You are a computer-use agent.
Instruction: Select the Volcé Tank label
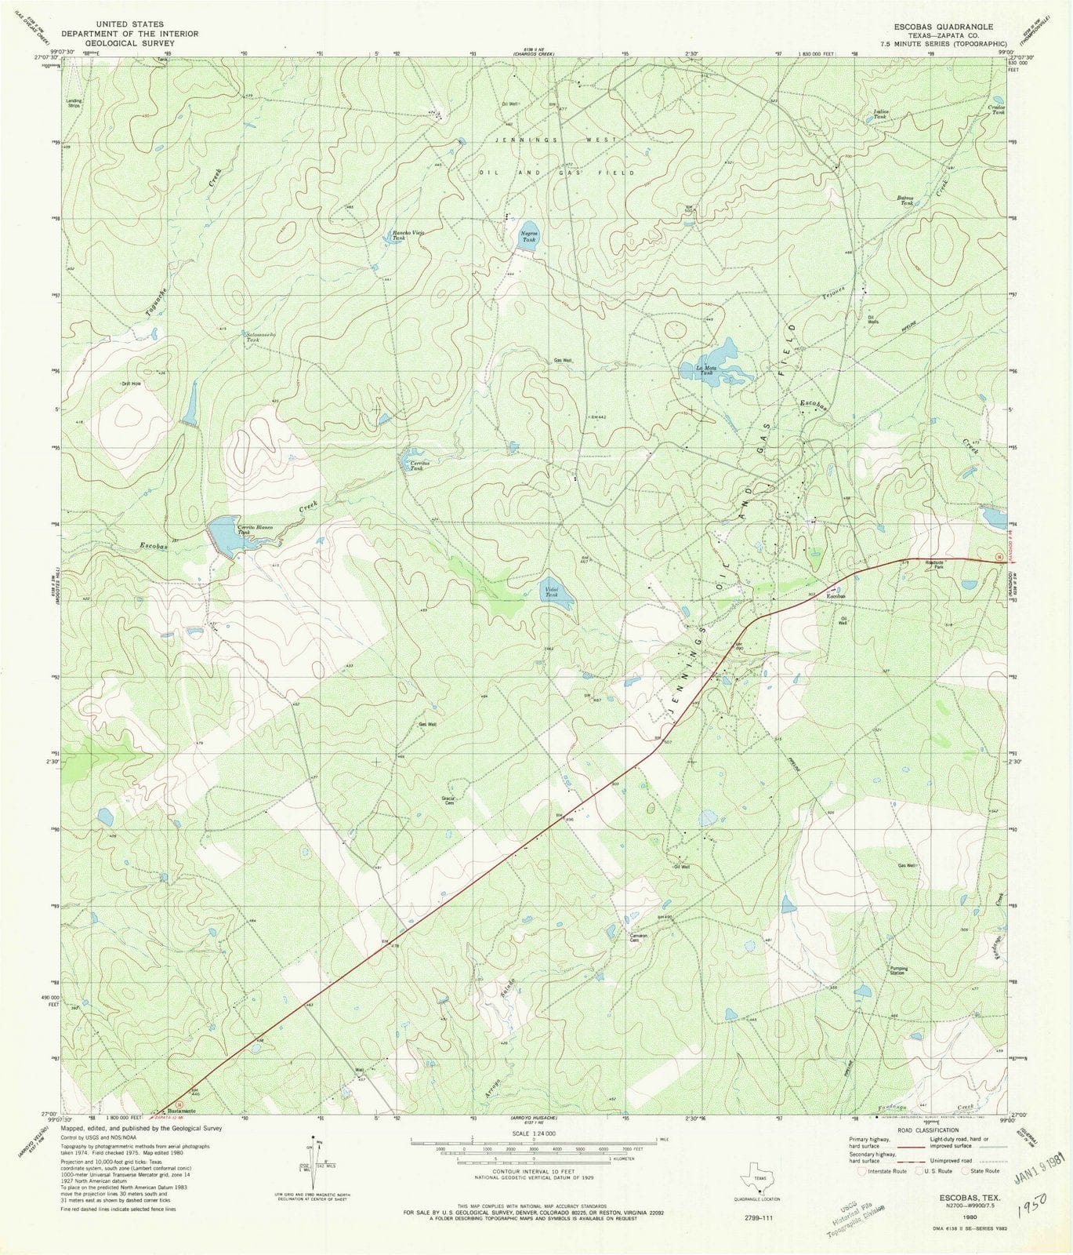551,591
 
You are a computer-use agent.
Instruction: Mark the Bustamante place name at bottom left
179,1111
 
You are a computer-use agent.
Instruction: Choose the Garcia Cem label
449,801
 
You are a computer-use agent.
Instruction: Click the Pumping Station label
898,970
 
